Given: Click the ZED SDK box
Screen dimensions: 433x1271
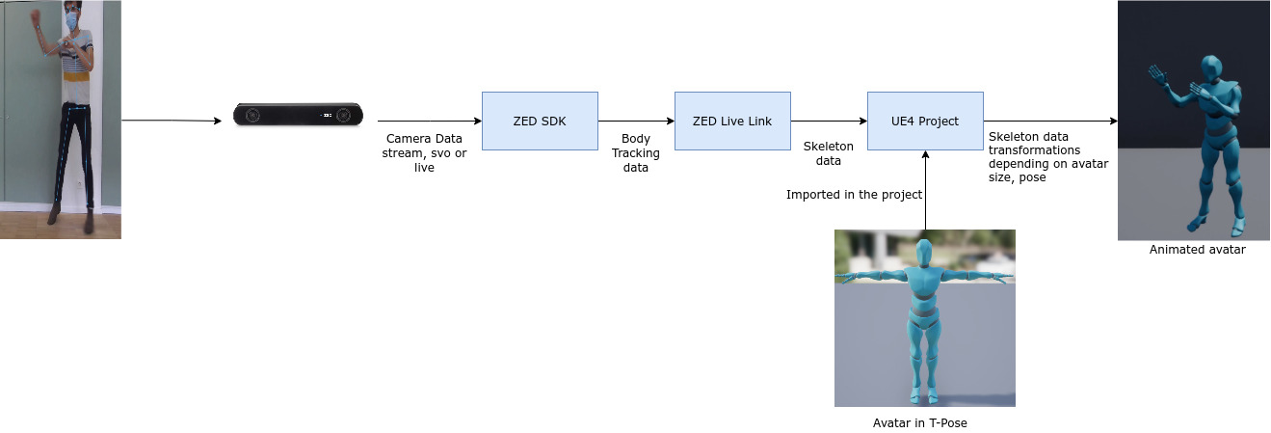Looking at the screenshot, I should pyautogui.click(x=540, y=121).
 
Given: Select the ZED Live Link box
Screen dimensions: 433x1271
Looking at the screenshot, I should pyautogui.click(x=732, y=121).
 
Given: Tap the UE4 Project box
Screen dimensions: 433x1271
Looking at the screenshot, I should pyautogui.click(x=925, y=121).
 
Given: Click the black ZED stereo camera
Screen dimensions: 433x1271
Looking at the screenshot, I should pyautogui.click(x=298, y=115).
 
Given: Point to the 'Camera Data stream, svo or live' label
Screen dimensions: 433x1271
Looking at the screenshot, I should pyautogui.click(x=424, y=152).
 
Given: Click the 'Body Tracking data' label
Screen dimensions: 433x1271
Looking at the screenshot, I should pyautogui.click(x=636, y=153).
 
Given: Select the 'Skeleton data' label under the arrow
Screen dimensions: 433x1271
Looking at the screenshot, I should pyautogui.click(x=829, y=152).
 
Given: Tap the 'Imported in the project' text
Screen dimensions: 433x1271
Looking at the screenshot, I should pyautogui.click(x=855, y=195).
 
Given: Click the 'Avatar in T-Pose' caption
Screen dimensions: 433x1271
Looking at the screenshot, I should pyautogui.click(x=924, y=422).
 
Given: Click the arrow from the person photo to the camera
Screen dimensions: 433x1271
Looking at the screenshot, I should pyautogui.click(x=173, y=121).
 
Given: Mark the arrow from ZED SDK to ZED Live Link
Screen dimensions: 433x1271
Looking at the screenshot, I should pyautogui.click(x=636, y=121).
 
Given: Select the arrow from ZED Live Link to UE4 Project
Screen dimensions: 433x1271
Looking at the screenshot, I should pyautogui.click(x=829, y=121).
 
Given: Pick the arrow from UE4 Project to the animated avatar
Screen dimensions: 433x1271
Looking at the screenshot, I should pyautogui.click(x=1050, y=121).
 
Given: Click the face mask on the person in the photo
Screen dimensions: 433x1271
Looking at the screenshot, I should pyautogui.click(x=72, y=20).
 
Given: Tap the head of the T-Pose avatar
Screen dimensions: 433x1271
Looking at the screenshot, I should pyautogui.click(x=925, y=255).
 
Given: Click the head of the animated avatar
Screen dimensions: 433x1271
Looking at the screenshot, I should pyautogui.click(x=1209, y=69).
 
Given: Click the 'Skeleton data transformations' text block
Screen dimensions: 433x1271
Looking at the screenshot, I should pyautogui.click(x=1048, y=157).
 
